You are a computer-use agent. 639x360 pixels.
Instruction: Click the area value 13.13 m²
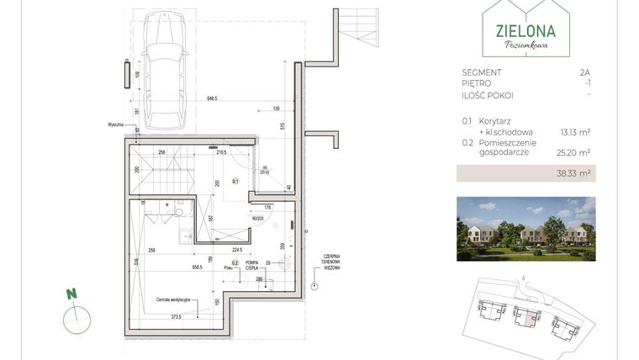click(x=574, y=132)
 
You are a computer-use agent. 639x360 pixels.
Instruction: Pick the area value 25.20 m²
click(x=574, y=153)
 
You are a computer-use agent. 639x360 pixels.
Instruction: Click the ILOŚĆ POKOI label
click(x=488, y=95)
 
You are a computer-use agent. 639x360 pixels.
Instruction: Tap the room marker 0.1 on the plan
click(x=236, y=181)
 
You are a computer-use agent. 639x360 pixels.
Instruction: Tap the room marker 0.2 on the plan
click(x=236, y=263)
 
